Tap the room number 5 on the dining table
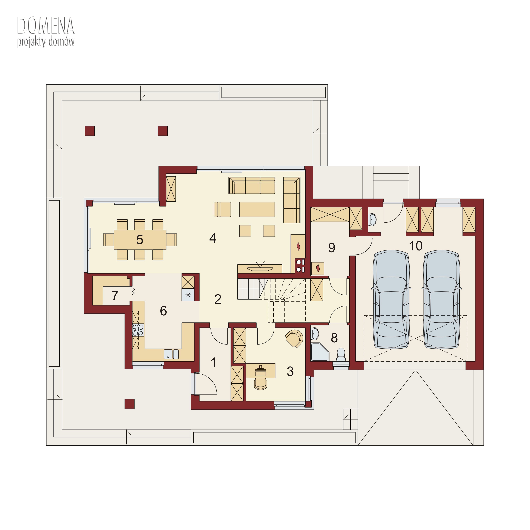click(x=140, y=240)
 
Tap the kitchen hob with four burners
click(x=138, y=330)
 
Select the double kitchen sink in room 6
click(x=171, y=354)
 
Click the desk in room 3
click(x=261, y=371)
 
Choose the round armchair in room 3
click(x=294, y=338)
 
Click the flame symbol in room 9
click(x=318, y=268)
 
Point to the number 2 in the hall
click(x=218, y=299)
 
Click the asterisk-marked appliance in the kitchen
click(x=188, y=295)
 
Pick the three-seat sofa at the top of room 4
click(x=252, y=185)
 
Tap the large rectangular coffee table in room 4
click(x=257, y=210)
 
